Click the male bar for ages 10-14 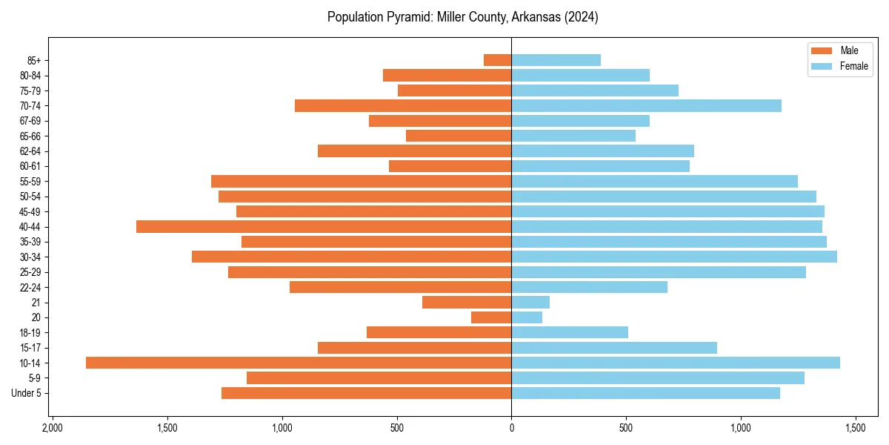(x=299, y=363)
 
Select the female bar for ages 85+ (x=556, y=60)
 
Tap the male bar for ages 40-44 (x=324, y=226)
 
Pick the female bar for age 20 (x=527, y=317)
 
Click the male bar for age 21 (x=467, y=303)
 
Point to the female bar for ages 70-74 (x=646, y=105)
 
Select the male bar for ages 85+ (x=498, y=60)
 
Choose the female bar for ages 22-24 (x=589, y=287)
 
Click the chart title (x=462, y=17)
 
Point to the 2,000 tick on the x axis (x=52, y=429)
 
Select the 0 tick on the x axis (x=511, y=429)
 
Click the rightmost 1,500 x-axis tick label (x=856, y=429)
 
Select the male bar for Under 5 (x=366, y=393)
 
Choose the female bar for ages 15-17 (x=614, y=348)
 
